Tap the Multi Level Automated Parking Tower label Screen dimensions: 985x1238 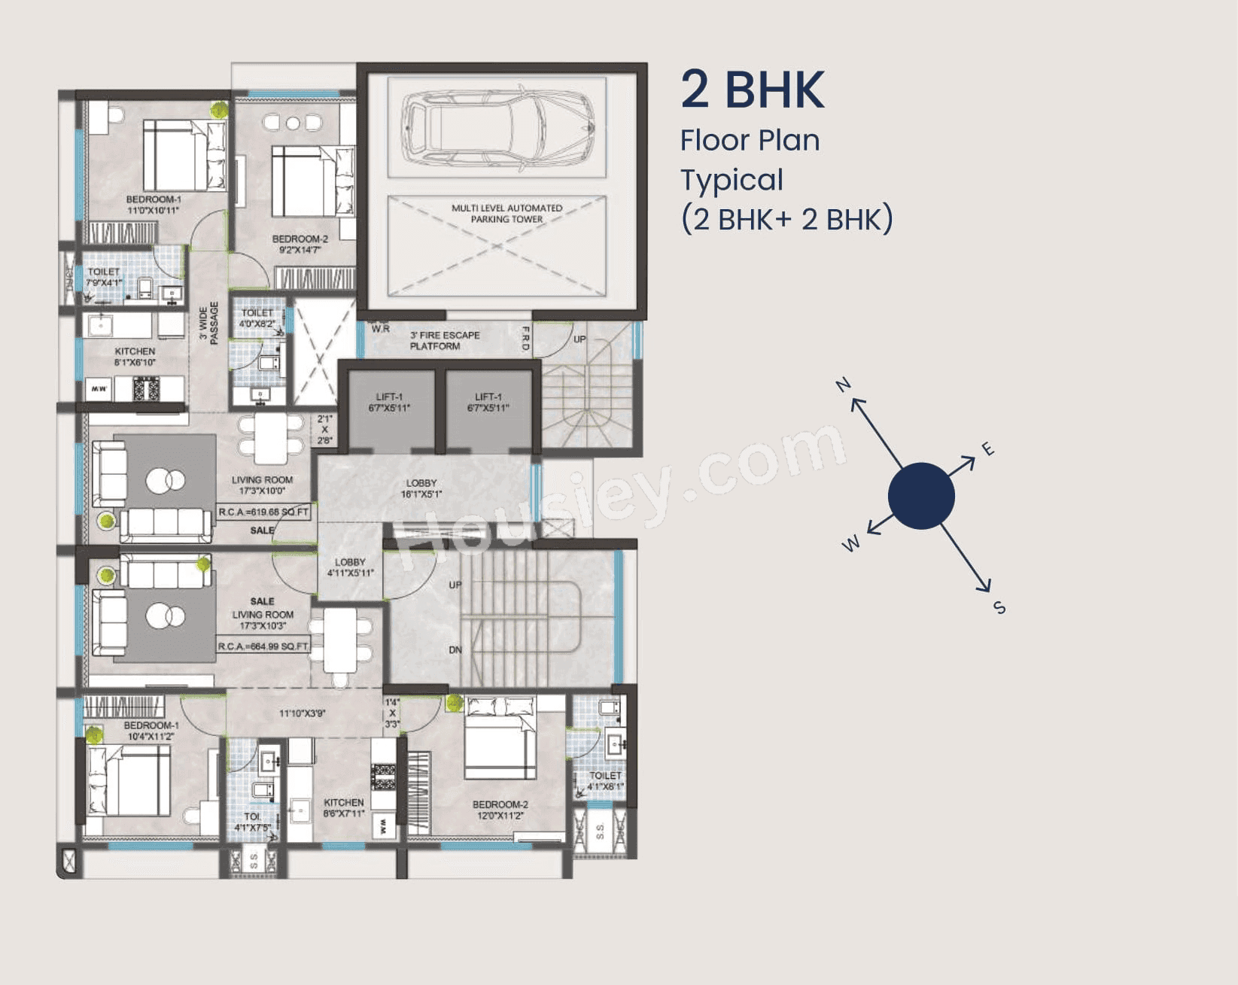(x=506, y=214)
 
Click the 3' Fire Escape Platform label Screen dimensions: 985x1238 (x=444, y=341)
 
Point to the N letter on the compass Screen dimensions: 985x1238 (x=843, y=385)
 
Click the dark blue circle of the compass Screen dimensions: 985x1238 (x=921, y=496)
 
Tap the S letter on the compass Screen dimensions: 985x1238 (x=999, y=607)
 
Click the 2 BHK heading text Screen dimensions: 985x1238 (x=753, y=90)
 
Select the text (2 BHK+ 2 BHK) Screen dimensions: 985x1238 (x=786, y=220)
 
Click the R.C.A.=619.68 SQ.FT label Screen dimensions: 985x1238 (x=263, y=512)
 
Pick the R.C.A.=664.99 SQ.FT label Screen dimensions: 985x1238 (x=263, y=646)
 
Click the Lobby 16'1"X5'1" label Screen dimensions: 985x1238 (x=421, y=488)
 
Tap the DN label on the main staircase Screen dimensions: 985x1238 (x=455, y=649)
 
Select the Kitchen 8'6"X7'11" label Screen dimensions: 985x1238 (x=344, y=807)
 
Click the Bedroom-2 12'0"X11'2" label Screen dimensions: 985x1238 (x=500, y=810)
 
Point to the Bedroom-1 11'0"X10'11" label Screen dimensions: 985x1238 (x=154, y=205)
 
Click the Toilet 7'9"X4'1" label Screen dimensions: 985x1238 (x=104, y=277)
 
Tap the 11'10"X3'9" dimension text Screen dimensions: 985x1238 (x=302, y=713)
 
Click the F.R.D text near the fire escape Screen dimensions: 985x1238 (x=525, y=339)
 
